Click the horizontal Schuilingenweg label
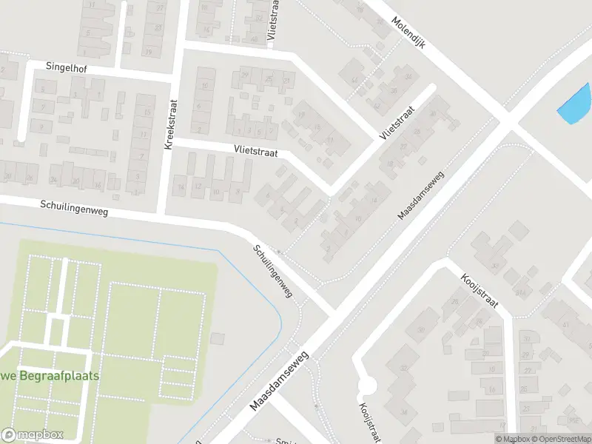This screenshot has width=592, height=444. pyautogui.click(x=74, y=210)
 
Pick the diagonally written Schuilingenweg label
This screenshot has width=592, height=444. pyautogui.click(x=272, y=271)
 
